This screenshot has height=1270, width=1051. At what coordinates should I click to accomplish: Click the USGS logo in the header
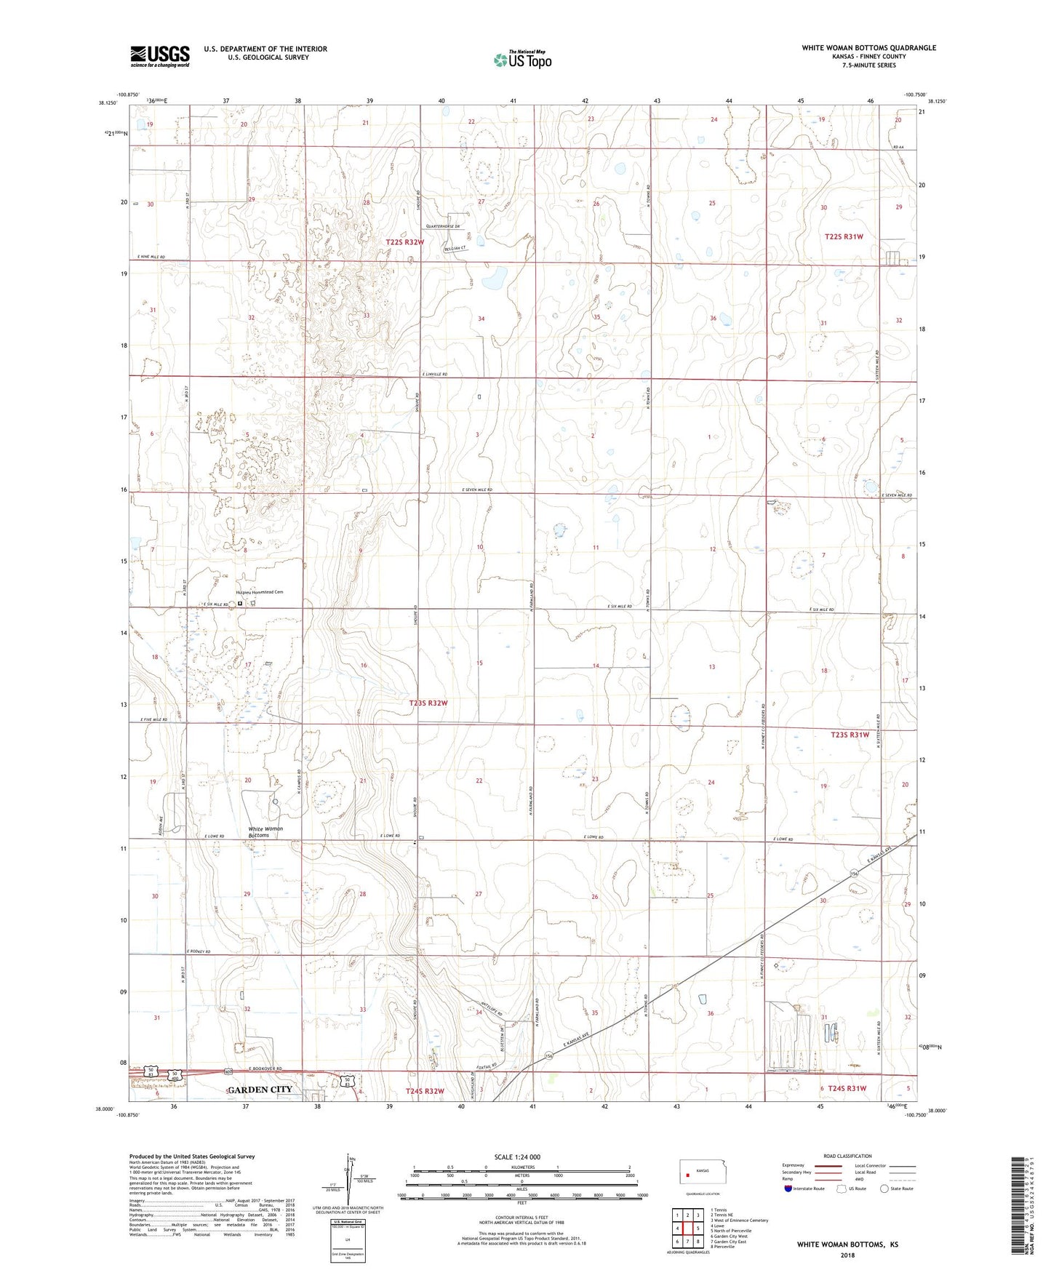(x=160, y=55)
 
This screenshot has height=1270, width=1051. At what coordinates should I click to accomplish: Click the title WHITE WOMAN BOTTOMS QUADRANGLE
(x=868, y=48)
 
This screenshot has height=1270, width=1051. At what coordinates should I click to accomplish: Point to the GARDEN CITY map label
(x=260, y=1089)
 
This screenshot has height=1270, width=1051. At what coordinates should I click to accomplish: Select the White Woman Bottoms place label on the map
(x=265, y=832)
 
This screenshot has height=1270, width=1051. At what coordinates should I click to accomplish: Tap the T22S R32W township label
(x=404, y=241)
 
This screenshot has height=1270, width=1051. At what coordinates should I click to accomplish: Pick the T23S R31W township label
(x=850, y=735)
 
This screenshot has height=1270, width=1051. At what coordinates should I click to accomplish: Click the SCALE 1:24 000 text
(x=517, y=1157)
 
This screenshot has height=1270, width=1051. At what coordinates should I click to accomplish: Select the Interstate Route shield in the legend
(x=788, y=1189)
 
